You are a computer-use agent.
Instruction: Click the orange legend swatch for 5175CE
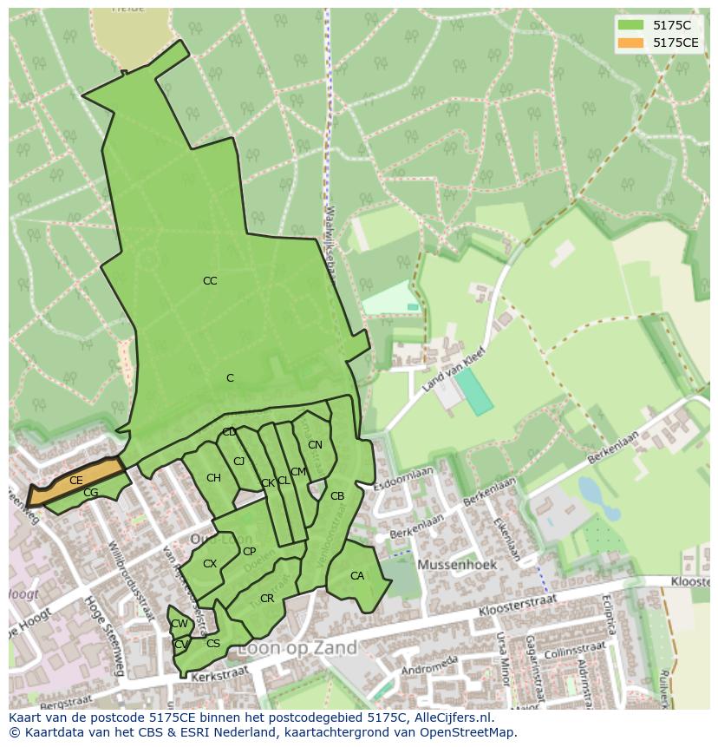630,43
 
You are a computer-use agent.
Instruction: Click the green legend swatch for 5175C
630,25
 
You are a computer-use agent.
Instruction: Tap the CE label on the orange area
76,481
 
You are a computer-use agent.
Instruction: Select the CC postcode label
210,281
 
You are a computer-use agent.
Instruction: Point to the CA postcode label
357,576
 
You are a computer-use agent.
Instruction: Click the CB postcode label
337,496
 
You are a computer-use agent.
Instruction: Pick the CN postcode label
315,445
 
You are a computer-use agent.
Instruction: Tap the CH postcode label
213,478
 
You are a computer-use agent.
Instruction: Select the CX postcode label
210,564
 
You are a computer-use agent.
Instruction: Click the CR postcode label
267,599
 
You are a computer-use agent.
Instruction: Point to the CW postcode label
179,624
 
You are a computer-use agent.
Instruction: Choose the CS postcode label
213,644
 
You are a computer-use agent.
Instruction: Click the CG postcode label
91,493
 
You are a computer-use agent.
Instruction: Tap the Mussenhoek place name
457,564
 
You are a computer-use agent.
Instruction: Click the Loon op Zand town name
297,648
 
